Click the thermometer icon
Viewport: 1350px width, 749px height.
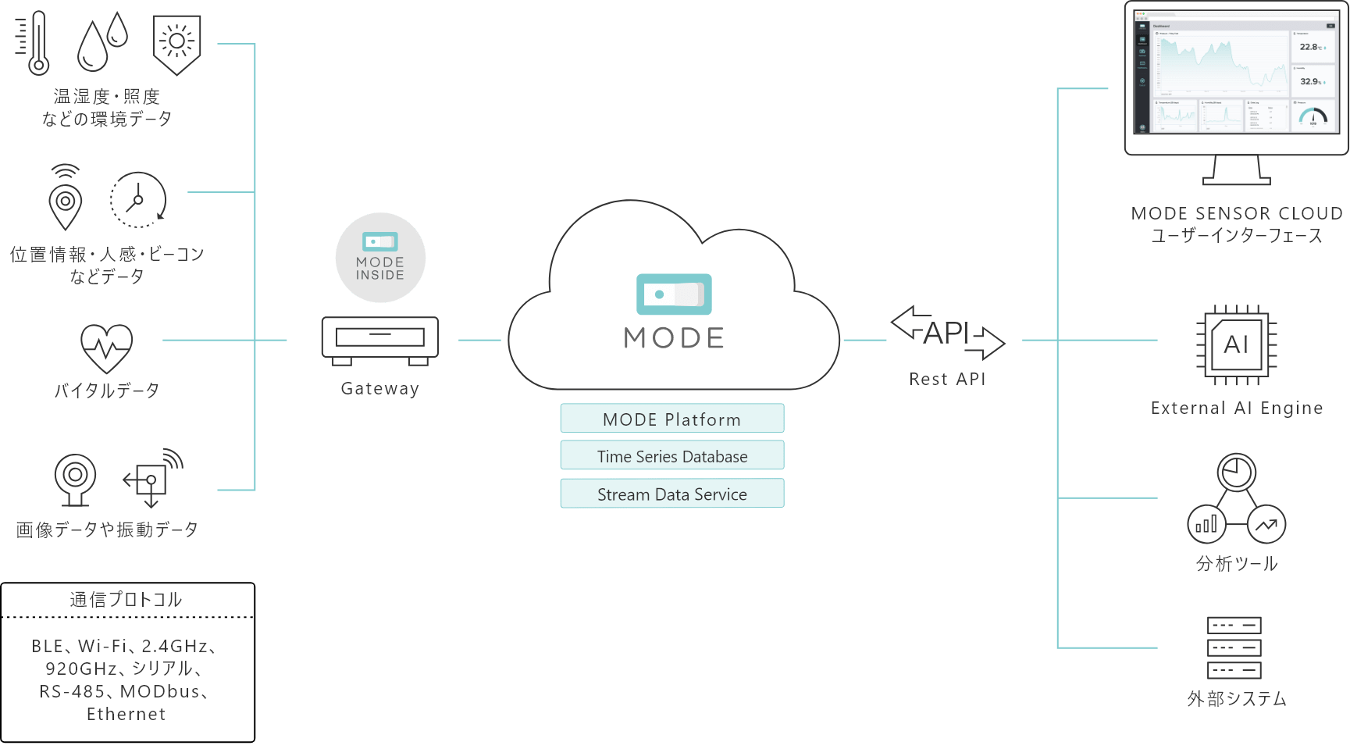click(x=35, y=43)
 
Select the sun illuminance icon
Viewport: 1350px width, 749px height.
click(x=177, y=44)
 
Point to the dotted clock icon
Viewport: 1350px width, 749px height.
click(x=138, y=200)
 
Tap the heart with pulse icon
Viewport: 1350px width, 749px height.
click(x=107, y=348)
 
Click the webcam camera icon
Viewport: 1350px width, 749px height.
click(x=75, y=479)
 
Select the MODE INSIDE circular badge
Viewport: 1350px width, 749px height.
click(x=380, y=258)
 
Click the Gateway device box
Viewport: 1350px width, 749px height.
click(x=379, y=340)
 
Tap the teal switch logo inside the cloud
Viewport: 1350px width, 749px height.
click(x=674, y=294)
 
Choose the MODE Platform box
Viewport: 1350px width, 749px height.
click(x=671, y=419)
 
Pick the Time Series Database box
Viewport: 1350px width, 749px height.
click(x=671, y=456)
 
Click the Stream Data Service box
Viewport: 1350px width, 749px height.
click(x=671, y=494)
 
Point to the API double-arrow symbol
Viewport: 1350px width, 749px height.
click(x=947, y=333)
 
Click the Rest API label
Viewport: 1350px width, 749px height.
click(x=947, y=380)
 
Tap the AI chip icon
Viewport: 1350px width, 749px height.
click(x=1236, y=345)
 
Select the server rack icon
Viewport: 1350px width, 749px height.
click(x=1234, y=647)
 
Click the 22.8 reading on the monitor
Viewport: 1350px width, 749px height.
click(x=1309, y=47)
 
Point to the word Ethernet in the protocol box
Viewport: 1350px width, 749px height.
click(x=126, y=714)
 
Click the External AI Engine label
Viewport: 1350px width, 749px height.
click(x=1236, y=408)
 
